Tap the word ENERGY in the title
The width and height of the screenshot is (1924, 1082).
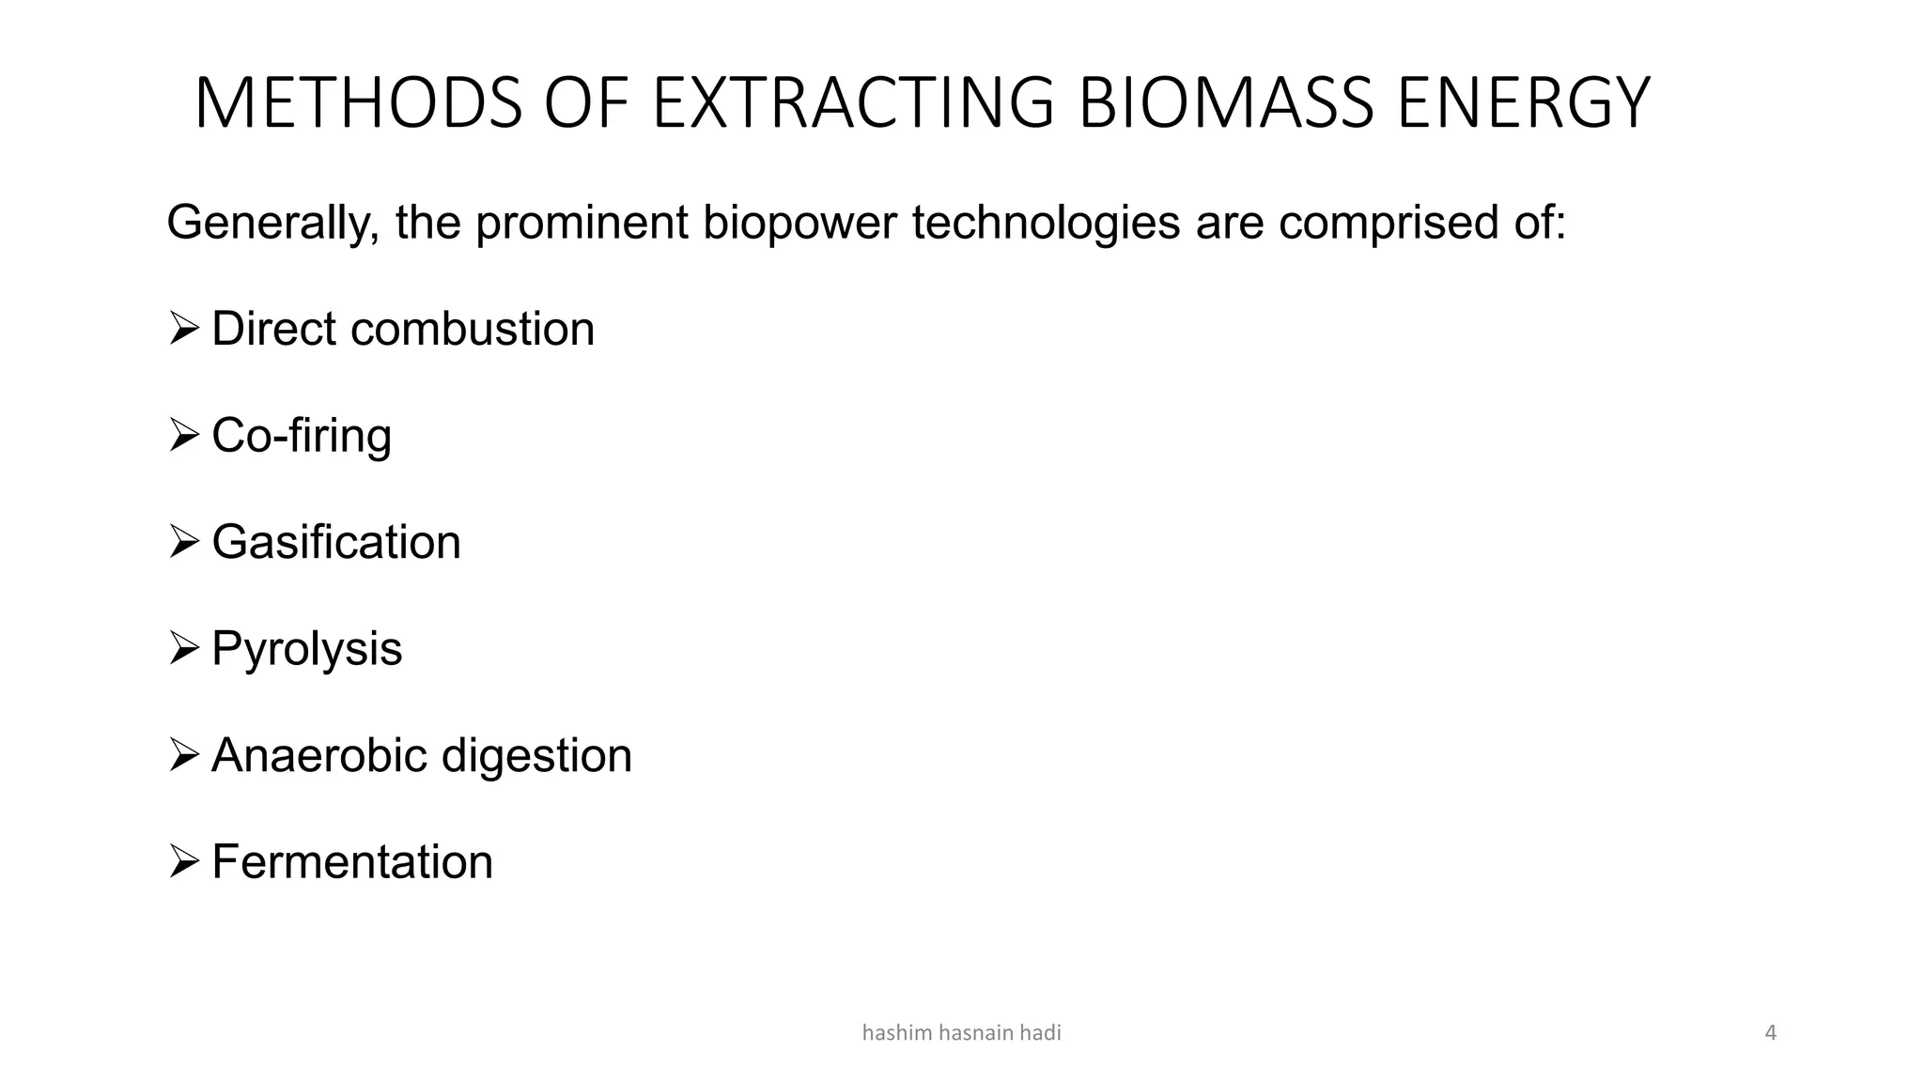(1523, 102)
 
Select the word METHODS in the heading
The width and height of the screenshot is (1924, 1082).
(358, 102)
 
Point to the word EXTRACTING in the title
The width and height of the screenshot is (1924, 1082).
(853, 102)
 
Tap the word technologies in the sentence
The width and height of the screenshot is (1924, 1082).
(1045, 224)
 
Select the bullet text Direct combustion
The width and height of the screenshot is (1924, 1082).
(403, 330)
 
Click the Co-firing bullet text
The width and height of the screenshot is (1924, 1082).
(301, 436)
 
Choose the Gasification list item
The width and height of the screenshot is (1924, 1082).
(336, 543)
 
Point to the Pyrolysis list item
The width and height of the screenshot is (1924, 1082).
(306, 649)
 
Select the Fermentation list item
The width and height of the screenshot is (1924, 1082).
(352, 862)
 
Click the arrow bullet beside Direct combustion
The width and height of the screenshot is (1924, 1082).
(183, 329)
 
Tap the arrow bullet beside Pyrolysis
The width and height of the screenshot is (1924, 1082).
(183, 648)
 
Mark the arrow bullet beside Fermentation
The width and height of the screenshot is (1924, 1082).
(183, 861)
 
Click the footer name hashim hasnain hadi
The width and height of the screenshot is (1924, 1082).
(961, 1033)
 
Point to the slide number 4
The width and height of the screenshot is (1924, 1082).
(1770, 1033)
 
